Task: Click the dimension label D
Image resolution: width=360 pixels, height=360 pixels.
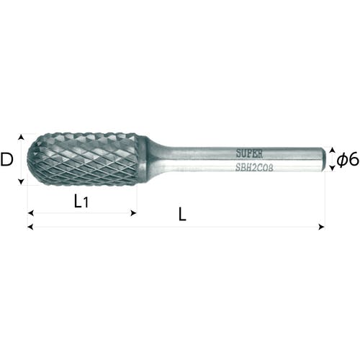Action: point(6,160)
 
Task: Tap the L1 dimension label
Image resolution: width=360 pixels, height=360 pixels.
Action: point(81,201)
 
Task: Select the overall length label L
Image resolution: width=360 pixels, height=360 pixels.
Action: point(182,215)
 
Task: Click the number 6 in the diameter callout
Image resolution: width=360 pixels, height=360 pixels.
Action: point(353,159)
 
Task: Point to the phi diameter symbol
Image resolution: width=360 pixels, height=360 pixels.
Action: point(342,160)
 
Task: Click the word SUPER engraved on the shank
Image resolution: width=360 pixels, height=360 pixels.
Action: point(249,153)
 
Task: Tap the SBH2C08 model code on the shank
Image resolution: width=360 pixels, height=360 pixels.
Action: point(254,168)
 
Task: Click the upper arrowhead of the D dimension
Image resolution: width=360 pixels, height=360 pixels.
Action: point(21,137)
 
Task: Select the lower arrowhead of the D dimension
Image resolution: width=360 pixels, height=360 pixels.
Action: point(21,182)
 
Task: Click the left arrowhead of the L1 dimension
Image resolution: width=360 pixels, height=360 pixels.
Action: point(30,213)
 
